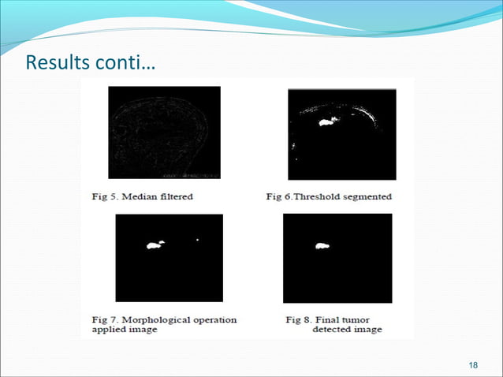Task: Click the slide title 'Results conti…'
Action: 89,62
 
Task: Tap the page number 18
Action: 472,364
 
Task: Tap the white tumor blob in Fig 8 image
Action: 322,247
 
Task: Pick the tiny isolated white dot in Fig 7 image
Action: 197,240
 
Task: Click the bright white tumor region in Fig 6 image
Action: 326,121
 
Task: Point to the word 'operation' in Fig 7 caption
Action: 214,319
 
